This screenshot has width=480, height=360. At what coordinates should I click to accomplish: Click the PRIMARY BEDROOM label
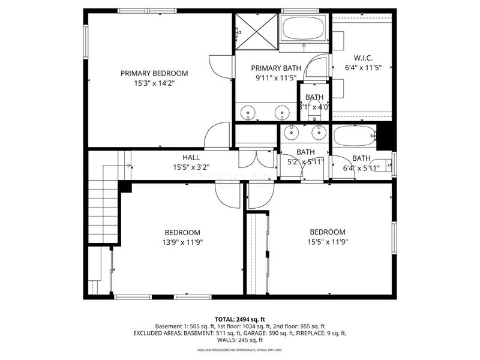pyautogui.click(x=154, y=73)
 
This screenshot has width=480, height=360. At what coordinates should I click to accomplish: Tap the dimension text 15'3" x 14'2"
pyautogui.click(x=154, y=83)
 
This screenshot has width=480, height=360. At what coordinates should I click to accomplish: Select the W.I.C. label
pyautogui.click(x=359, y=58)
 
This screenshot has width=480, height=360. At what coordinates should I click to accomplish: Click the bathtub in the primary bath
pyautogui.click(x=303, y=28)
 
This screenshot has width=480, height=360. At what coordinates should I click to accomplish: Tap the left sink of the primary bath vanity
pyautogui.click(x=248, y=112)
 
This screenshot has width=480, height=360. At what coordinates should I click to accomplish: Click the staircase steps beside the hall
pyautogui.click(x=103, y=204)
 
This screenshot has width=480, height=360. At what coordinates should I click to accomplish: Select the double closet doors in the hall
pyautogui.click(x=256, y=158)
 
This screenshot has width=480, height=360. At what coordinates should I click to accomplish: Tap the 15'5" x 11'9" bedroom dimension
pyautogui.click(x=328, y=242)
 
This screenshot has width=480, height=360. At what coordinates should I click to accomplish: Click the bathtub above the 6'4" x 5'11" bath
pyautogui.click(x=354, y=136)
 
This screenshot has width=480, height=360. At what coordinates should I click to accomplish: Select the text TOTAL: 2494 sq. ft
pyautogui.click(x=240, y=319)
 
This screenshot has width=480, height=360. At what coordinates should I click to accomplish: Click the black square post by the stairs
pyautogui.click(x=125, y=187)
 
